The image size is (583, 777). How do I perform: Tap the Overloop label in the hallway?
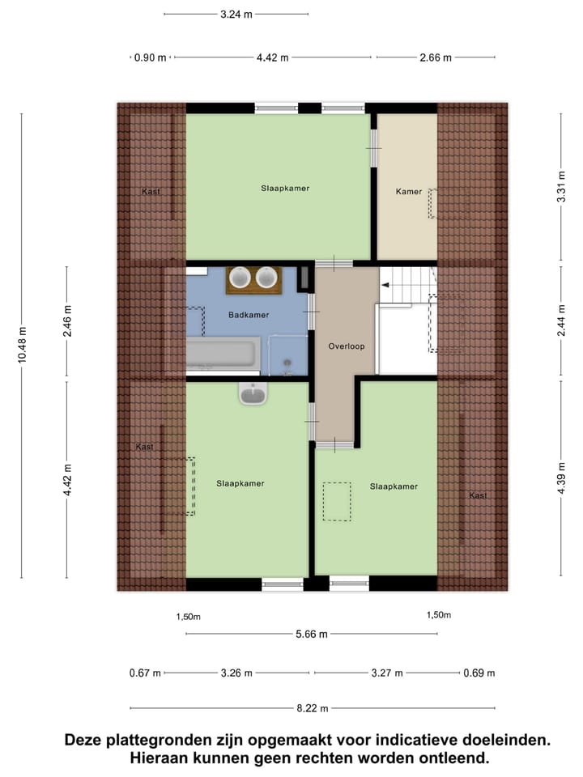(347, 346)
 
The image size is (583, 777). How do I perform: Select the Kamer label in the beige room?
(409, 192)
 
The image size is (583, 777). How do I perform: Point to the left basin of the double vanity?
(240, 278)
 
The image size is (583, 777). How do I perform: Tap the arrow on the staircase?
(385, 285)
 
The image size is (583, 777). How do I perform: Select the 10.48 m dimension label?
(22, 345)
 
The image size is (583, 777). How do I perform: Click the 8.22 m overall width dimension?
(312, 708)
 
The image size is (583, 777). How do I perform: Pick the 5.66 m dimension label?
(312, 634)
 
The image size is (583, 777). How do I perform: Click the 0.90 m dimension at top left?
(150, 57)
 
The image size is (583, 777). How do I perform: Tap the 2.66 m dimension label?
(436, 57)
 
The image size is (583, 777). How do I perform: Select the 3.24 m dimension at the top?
(236, 14)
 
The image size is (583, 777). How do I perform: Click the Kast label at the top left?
(150, 192)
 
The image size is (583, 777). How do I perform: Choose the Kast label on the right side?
(478, 495)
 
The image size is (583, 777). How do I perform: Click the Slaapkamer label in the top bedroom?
(285, 188)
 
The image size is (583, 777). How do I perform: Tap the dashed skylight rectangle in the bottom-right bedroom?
(337, 502)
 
